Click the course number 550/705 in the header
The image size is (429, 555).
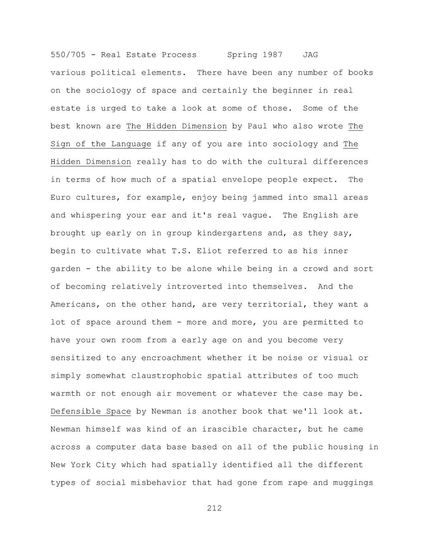pos(68,55)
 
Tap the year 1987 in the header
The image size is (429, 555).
pos(272,55)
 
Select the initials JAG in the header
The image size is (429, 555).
pos(310,55)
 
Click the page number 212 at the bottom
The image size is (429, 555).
pos(214,508)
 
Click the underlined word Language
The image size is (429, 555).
pos(131,144)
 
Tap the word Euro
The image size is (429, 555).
pos(60,197)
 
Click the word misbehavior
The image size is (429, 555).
pos(159,483)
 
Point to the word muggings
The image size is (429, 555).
pos(353,483)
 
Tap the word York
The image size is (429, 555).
pos(80,465)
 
